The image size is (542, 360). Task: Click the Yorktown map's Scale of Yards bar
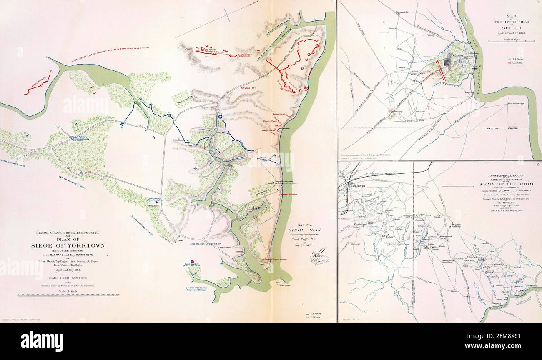pyautogui.click(x=69, y=295)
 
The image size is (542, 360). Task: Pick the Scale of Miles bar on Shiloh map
pyautogui.click(x=512, y=41)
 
